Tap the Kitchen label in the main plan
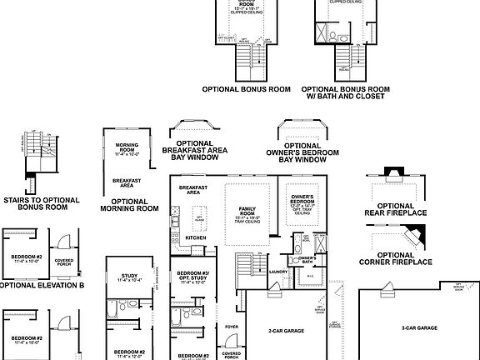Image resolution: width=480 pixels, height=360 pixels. click(195, 238)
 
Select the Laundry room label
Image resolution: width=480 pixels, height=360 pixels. click(278, 271)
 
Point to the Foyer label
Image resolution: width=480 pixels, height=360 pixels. click(231, 326)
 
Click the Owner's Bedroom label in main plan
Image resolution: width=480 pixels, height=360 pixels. click(301, 201)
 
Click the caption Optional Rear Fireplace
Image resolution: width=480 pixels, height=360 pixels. click(402, 209)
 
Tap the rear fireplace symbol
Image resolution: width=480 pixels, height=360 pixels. click(392, 173)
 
